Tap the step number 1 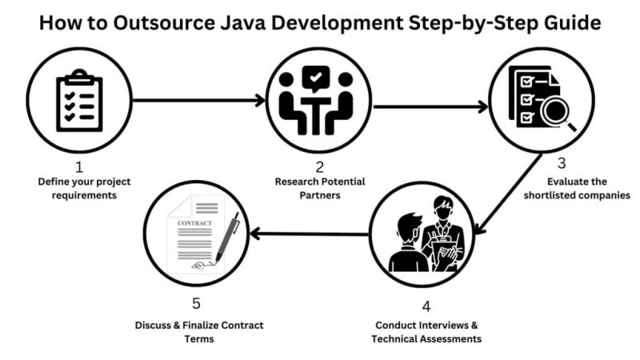(x=78, y=167)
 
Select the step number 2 (x=319, y=167)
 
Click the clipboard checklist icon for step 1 (x=79, y=101)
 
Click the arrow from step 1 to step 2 (x=198, y=101)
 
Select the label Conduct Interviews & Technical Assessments (x=426, y=332)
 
